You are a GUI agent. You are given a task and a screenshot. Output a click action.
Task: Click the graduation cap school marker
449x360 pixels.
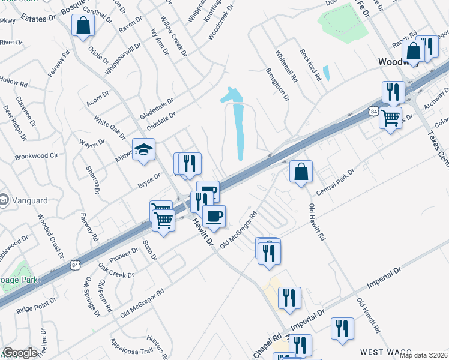pos(144,150)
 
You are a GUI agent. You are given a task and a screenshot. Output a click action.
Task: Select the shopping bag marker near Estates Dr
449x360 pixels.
pos(83,26)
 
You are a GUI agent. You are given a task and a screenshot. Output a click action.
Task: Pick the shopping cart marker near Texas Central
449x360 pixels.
pos(391,117)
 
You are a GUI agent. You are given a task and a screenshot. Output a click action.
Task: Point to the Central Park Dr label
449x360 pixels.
pos(336,179)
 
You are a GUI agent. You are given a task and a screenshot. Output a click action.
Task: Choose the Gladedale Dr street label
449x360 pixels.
pos(156,106)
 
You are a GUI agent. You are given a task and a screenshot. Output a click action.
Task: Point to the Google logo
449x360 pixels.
pos(20,353)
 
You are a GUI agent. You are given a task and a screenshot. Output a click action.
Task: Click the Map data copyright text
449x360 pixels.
pos(423,355)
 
